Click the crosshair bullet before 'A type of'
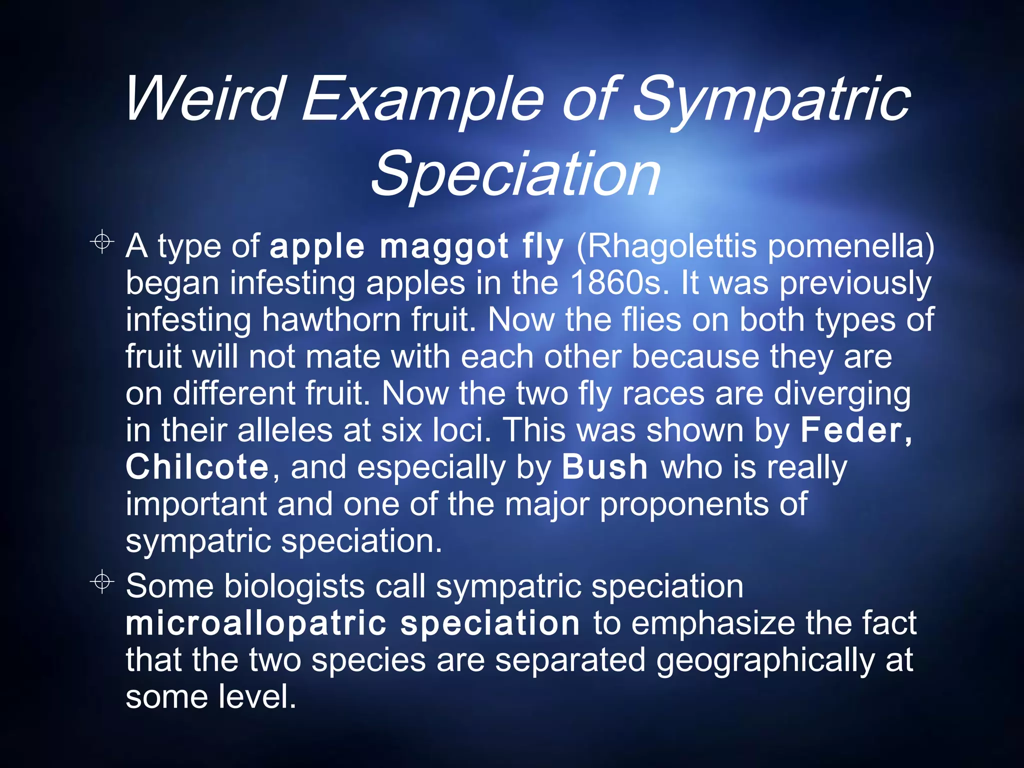(x=102, y=242)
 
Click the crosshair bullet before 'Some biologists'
(x=102, y=581)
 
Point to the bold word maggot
(x=444, y=246)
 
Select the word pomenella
(x=850, y=246)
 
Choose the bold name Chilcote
(x=198, y=467)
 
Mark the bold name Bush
(x=604, y=467)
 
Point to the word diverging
(x=842, y=393)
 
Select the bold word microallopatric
(x=256, y=623)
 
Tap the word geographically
(x=765, y=660)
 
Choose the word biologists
(x=294, y=586)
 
